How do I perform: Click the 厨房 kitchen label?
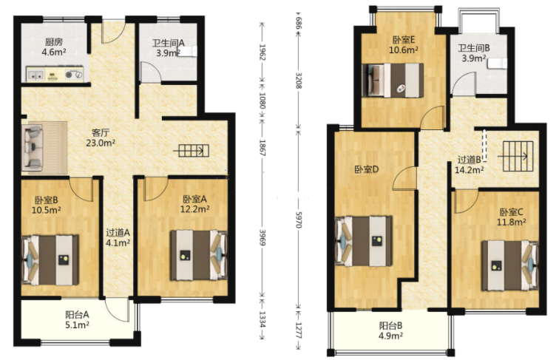click(54, 42)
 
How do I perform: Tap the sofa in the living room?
click(33, 147)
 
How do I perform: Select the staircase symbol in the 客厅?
click(191, 151)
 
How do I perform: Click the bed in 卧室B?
click(50, 260)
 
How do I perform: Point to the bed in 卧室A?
click(199, 255)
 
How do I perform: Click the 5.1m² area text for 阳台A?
click(77, 325)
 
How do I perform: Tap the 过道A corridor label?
click(118, 233)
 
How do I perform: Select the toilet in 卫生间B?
click(497, 64)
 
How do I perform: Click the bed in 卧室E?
click(393, 80)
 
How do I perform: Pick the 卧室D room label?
click(367, 169)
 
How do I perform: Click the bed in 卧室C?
click(510, 265)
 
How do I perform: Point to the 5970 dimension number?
click(299, 220)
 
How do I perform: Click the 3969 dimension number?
click(262, 237)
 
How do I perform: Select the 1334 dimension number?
click(262, 319)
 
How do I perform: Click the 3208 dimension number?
click(299, 81)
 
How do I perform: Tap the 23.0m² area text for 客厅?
click(101, 143)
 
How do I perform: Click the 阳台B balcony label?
click(390, 325)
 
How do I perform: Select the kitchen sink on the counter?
click(35, 75)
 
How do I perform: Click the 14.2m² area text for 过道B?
click(469, 170)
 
